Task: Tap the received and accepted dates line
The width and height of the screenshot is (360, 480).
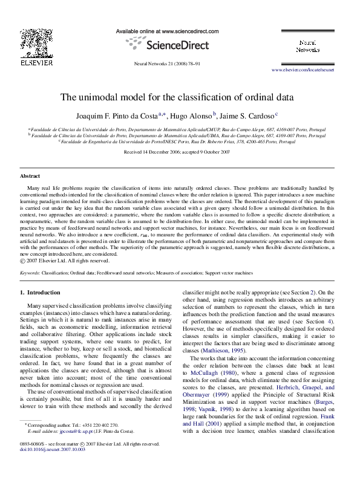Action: [x=177, y=152]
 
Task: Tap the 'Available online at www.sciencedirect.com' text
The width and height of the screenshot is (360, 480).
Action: [x=166, y=30]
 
